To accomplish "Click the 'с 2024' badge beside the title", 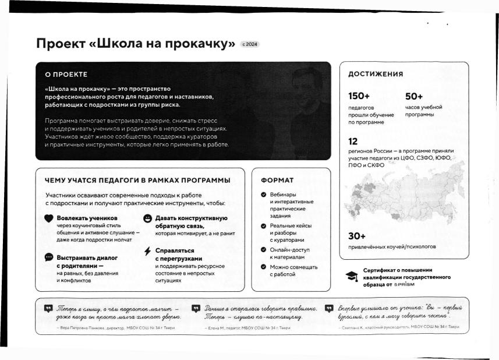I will coord(250,44).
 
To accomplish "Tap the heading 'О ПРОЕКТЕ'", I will coord(66,75).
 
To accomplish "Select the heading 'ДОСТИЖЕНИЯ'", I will coord(376,74).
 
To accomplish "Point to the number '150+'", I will coord(359,96).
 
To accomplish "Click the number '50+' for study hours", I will coord(414,96).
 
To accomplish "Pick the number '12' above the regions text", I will coord(353,141).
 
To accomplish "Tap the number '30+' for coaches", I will coord(357,236).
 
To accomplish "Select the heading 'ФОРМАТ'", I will coord(277,180).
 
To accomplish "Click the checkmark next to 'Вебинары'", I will coord(264,194).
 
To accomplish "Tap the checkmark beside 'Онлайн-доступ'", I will coord(264,250).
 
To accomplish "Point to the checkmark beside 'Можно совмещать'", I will coord(264,267).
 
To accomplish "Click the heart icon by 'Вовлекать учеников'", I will coord(49,218).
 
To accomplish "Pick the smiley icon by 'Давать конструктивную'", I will coord(147,218).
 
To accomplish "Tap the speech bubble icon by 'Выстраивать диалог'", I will coord(49,257).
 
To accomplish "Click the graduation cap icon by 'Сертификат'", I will coord(352,277).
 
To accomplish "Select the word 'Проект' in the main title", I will coord(61,44).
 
